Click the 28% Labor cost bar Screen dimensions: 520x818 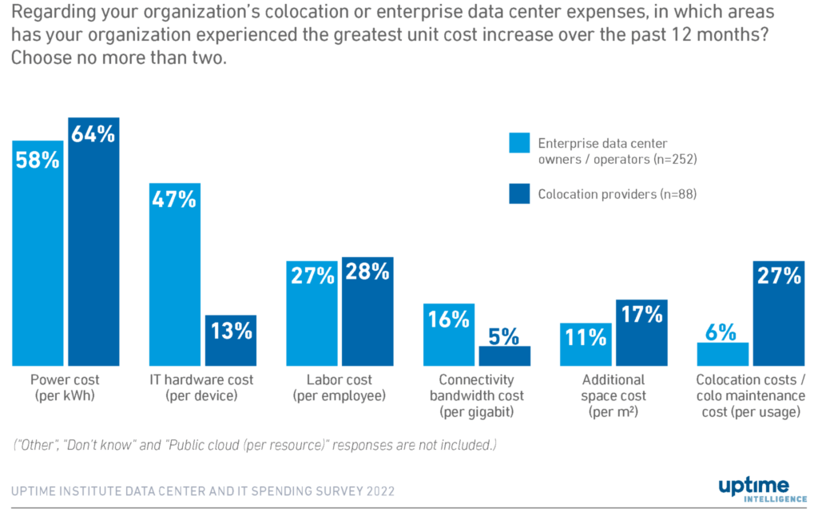[x=367, y=312]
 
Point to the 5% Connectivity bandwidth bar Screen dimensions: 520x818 [x=504, y=355]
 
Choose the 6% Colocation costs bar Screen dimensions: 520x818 [x=722, y=354]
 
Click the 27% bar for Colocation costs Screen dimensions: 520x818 [x=779, y=313]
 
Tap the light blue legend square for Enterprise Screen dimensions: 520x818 [x=519, y=143]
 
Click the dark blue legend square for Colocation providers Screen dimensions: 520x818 [x=519, y=193]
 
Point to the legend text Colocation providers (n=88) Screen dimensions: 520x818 [x=617, y=194]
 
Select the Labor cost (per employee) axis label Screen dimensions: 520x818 [x=340, y=388]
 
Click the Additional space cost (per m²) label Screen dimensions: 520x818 [x=614, y=396]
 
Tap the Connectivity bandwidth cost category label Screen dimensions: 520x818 [x=477, y=396]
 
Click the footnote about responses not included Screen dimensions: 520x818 [x=254, y=445]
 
